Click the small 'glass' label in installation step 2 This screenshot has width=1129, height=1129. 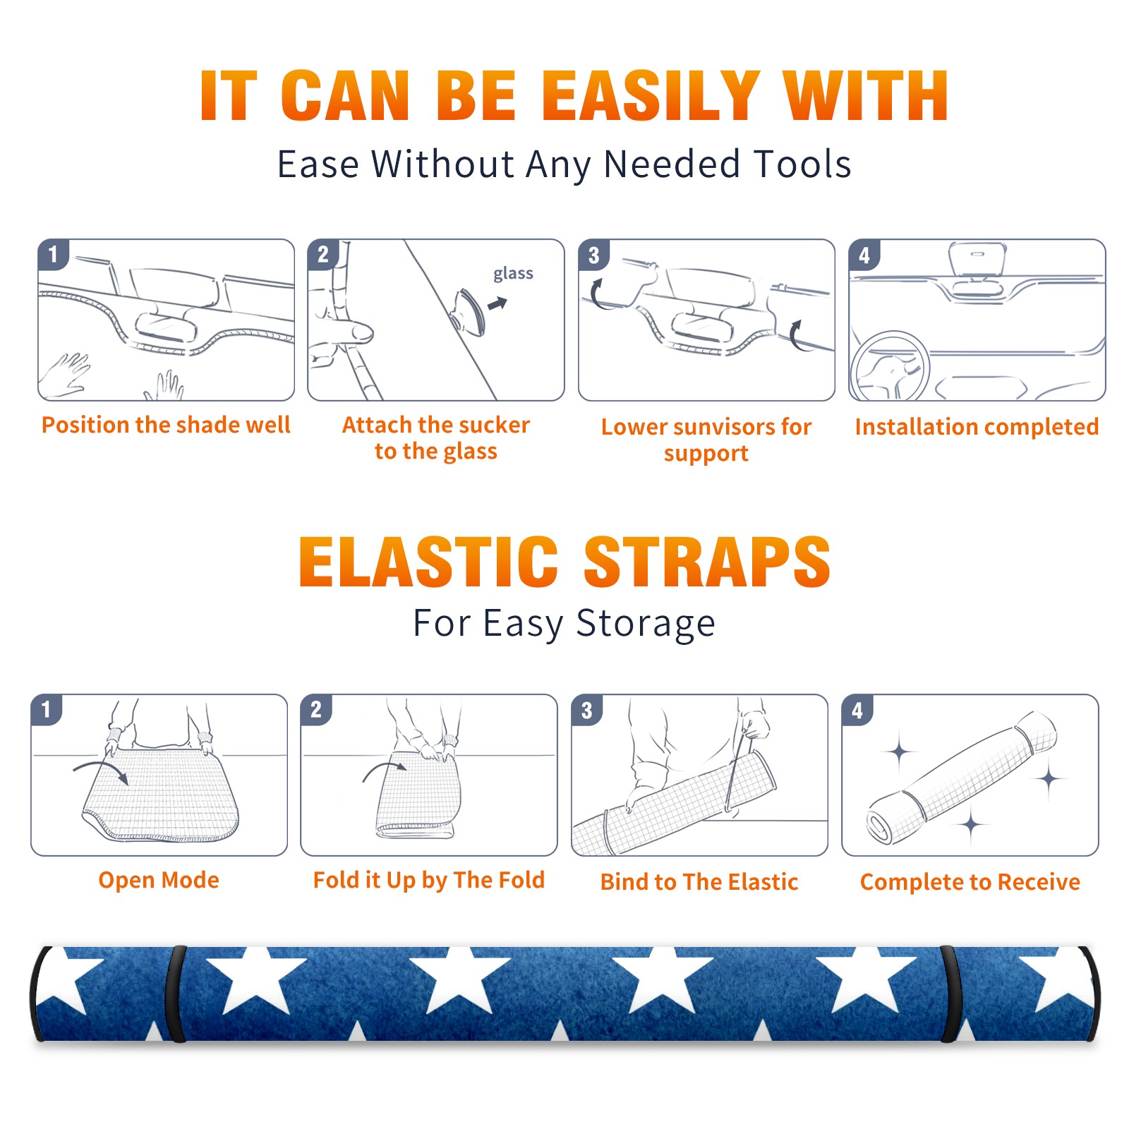coord(513,274)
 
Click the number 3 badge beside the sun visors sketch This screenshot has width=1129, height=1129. coord(594,255)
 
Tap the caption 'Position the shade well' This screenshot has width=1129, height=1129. coord(166,425)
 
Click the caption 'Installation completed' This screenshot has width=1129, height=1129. coord(977,426)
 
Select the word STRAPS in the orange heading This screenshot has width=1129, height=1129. coord(707,562)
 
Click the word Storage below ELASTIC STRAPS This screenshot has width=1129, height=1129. coord(646,624)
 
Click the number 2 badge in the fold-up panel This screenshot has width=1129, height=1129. coord(316,709)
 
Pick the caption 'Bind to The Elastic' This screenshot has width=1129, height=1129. coord(699,881)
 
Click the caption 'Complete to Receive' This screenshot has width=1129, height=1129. coord(970,881)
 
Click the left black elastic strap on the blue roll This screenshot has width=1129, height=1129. coord(176,994)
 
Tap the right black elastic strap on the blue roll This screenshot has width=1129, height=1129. coord(949,994)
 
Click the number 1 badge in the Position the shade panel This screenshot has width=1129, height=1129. coord(54,254)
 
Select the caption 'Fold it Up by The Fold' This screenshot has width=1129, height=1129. coord(429,880)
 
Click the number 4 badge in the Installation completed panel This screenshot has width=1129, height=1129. coord(864,255)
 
